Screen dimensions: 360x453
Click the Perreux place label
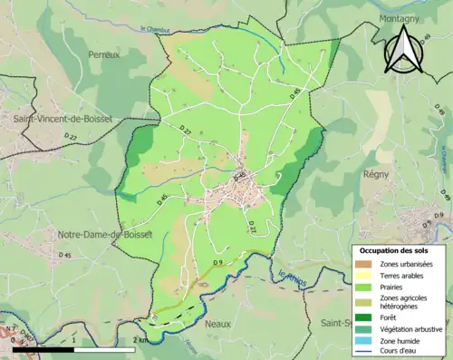pyautogui.click(x=104, y=54)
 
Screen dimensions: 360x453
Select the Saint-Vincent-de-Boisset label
pyautogui.click(x=59, y=119)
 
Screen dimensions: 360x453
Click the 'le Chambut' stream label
pyautogui.click(x=156, y=29)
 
